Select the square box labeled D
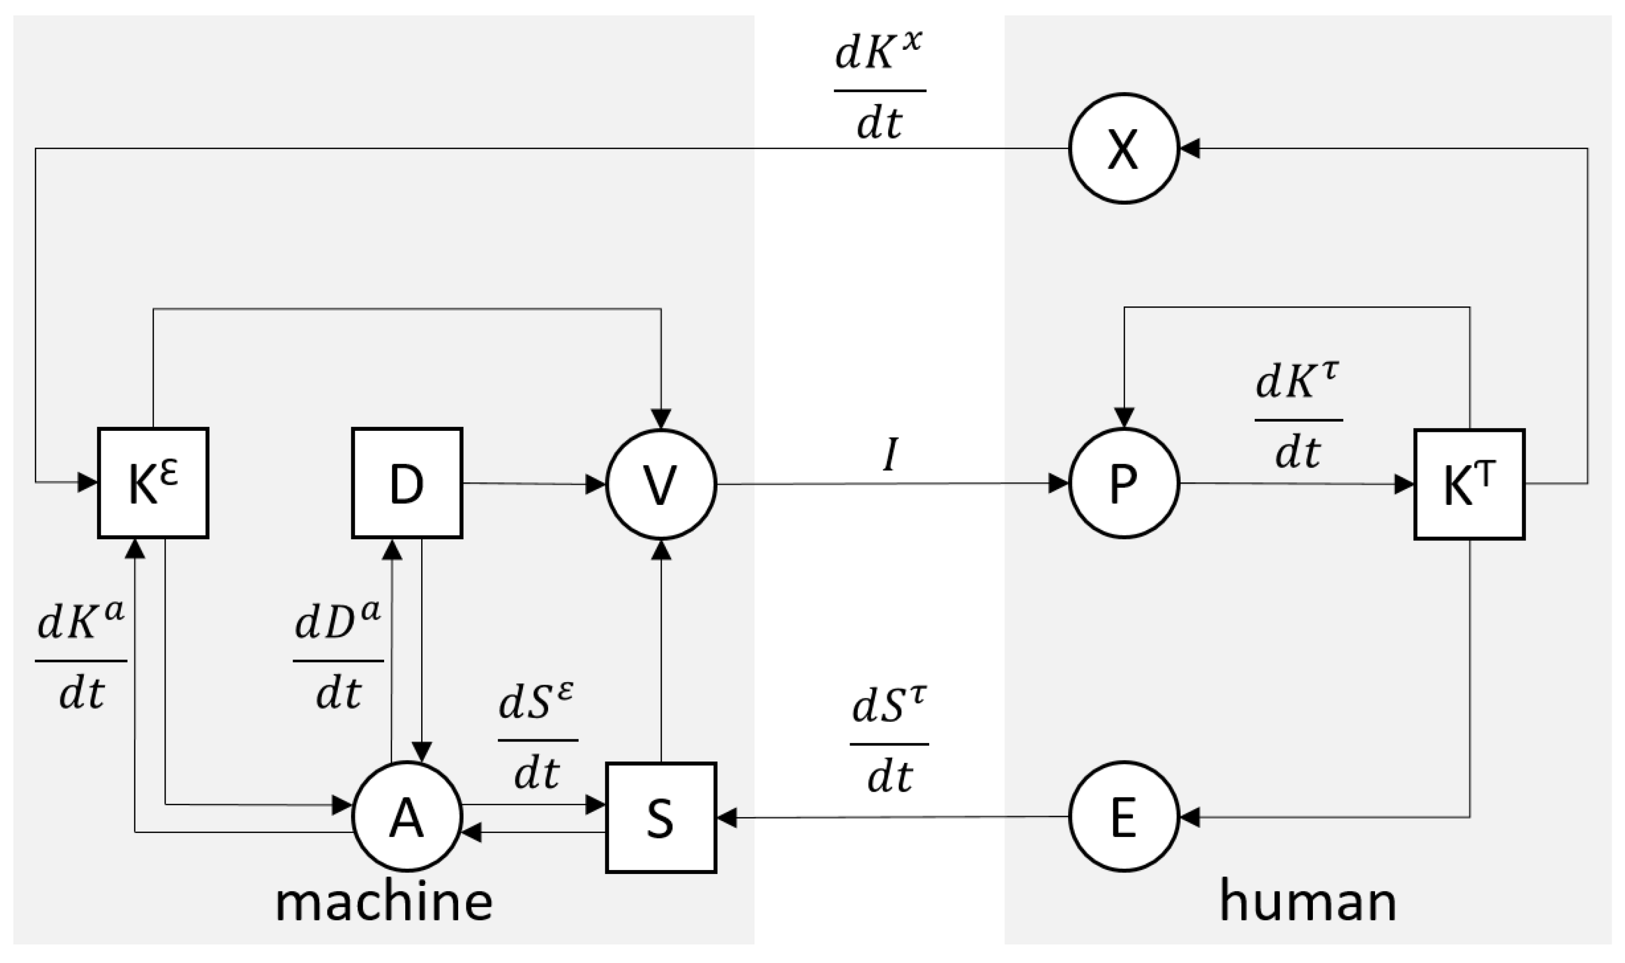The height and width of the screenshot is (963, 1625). [x=407, y=483]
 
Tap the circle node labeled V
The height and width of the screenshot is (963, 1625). [x=661, y=483]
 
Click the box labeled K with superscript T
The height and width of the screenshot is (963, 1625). [x=1469, y=484]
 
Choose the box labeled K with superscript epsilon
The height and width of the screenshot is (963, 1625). [x=153, y=483]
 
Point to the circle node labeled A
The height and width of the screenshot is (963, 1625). [x=407, y=816]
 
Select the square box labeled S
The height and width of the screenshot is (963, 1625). [x=661, y=817]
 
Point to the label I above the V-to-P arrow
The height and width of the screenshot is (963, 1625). [x=890, y=455]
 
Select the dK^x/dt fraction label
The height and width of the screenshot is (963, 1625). [x=879, y=89]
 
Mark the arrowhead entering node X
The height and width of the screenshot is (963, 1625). [x=1189, y=149]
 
